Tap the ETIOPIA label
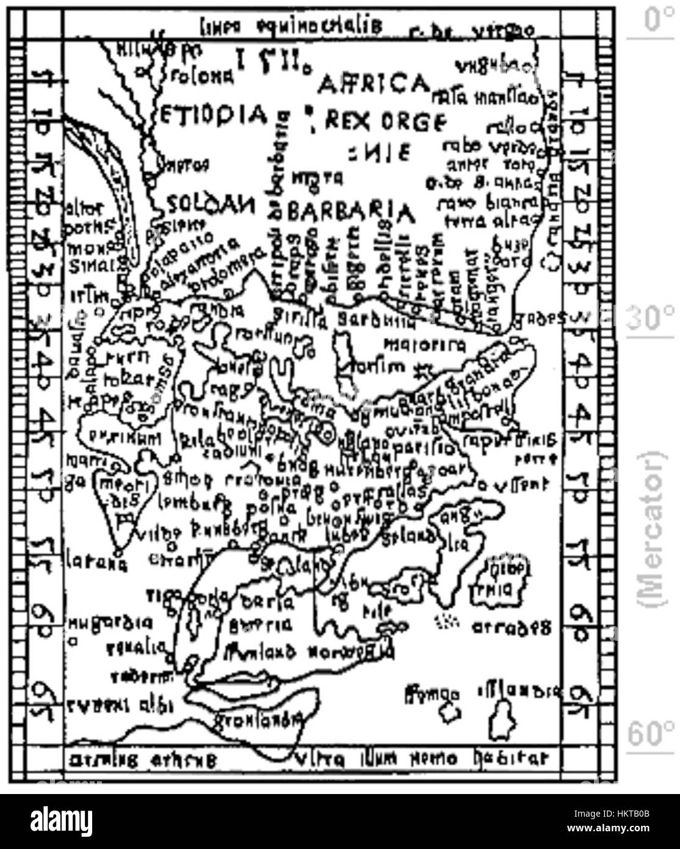click(x=214, y=114)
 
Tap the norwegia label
click(x=350, y=652)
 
